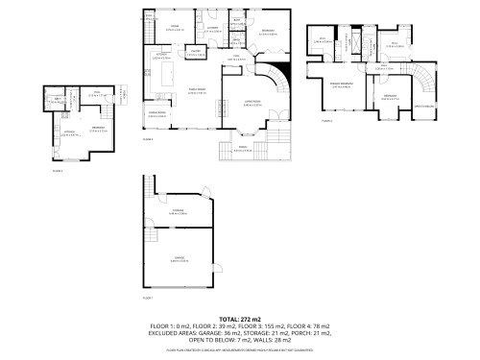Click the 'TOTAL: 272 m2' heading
[240, 319]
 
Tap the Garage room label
[180, 258]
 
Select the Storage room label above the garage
[180, 212]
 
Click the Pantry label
[194, 54]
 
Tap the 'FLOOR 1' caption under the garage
[148, 298]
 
